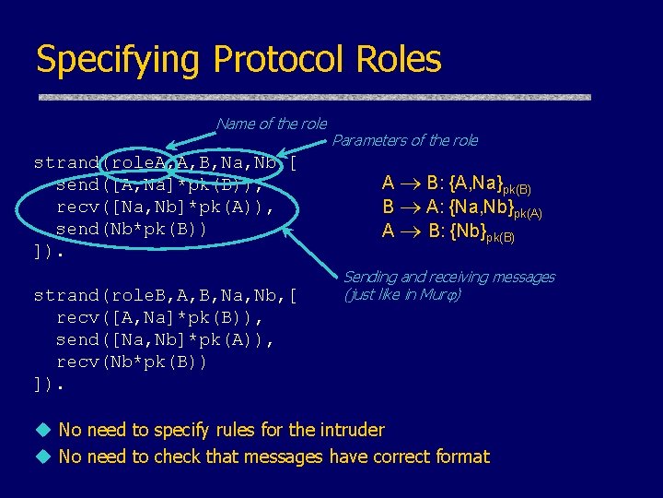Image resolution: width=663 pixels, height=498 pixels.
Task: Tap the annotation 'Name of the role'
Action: pos(271,124)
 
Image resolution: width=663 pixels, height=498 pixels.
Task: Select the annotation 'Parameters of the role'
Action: pos(404,140)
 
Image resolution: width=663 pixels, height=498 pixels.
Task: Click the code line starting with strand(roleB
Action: pos(166,296)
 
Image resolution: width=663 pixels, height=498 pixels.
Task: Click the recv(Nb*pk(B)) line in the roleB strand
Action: pos(132,362)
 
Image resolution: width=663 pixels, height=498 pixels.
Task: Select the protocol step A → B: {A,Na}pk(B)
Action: pos(457,184)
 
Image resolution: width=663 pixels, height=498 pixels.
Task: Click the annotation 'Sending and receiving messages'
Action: pos(448,277)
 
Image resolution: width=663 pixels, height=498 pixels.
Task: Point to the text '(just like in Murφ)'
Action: pos(401,295)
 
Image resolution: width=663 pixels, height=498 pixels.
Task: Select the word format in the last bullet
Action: pos(459,456)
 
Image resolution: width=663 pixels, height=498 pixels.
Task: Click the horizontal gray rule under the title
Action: pos(313,96)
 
